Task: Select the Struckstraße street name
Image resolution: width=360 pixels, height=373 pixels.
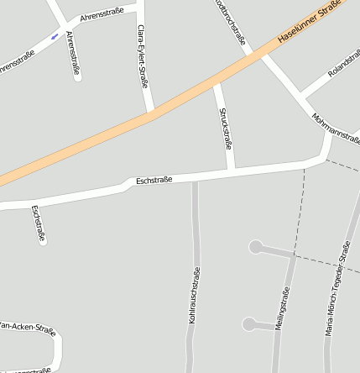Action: pyautogui.click(x=225, y=129)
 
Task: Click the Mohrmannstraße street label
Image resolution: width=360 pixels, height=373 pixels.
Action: pyautogui.click(x=335, y=127)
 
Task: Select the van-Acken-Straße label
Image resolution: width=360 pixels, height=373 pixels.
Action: pyautogui.click(x=27, y=327)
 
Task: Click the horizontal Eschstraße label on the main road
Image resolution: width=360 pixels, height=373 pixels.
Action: pyautogui.click(x=154, y=180)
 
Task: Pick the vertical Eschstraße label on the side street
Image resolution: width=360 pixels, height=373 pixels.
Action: pyautogui.click(x=37, y=223)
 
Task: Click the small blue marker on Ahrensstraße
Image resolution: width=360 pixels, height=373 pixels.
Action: pyautogui.click(x=55, y=36)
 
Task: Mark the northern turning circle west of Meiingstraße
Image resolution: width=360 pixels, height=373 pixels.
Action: pyautogui.click(x=255, y=247)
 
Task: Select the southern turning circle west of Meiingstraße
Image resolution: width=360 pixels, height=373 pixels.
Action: pyautogui.click(x=248, y=323)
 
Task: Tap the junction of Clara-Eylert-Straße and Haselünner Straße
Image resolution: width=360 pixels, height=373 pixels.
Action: pyautogui.click(x=151, y=113)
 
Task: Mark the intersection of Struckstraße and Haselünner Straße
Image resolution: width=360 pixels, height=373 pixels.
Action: pyautogui.click(x=218, y=81)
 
